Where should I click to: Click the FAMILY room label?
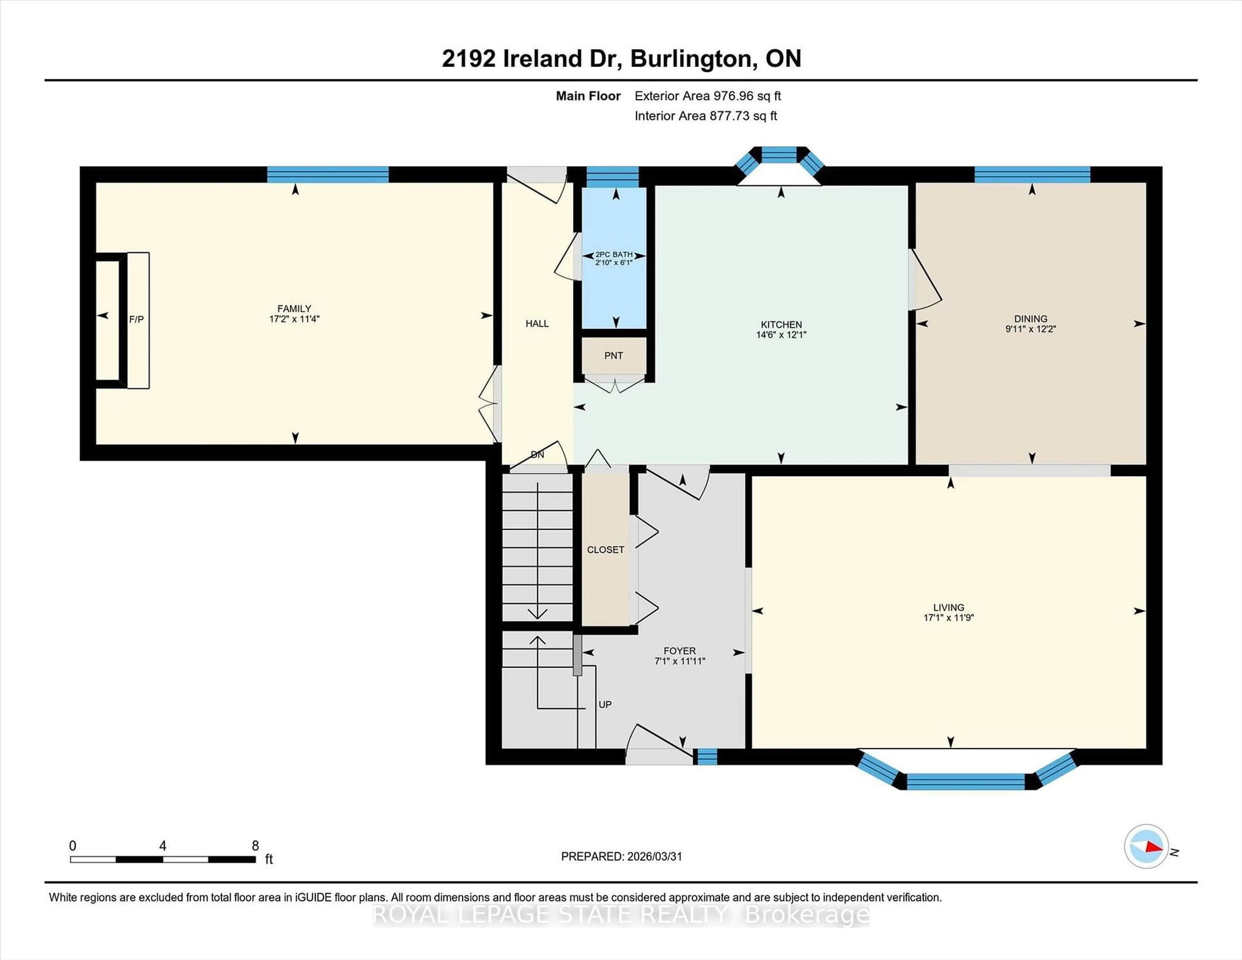pyautogui.click(x=294, y=308)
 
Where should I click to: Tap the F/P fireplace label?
pyautogui.click(x=136, y=320)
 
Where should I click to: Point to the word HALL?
pyautogui.click(x=537, y=323)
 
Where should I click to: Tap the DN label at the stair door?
pyautogui.click(x=537, y=454)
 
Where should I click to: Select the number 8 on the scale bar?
pyautogui.click(x=255, y=846)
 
